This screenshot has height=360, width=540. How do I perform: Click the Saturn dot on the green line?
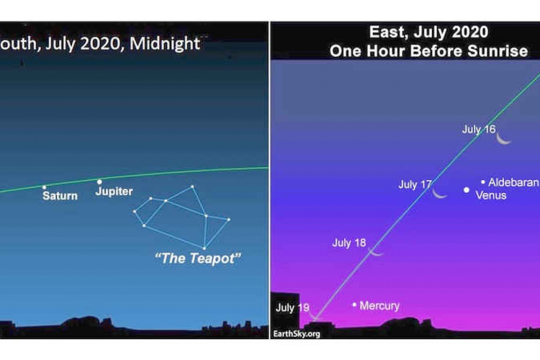coord(44,188)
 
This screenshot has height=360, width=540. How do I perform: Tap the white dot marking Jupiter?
coord(99,182)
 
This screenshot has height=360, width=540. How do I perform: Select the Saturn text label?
coord(60,196)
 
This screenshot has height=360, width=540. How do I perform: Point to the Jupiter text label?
coord(114,191)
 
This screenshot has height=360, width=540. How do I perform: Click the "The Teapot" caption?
coord(198,258)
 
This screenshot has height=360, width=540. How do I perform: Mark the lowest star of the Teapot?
coord(204,248)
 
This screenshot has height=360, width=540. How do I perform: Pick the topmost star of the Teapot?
coord(192,187)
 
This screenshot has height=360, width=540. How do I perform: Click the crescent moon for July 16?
coord(503,139)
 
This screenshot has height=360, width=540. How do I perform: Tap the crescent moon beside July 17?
coord(439,194)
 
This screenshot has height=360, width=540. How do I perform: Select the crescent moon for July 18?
coord(375,252)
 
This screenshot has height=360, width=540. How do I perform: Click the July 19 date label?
coord(292,307)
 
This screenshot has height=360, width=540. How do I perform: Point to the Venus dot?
coord(466,190)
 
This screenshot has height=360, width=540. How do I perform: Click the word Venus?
coord(491,195)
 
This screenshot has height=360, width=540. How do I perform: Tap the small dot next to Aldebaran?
coord(483,182)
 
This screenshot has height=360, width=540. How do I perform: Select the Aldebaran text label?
coord(513,182)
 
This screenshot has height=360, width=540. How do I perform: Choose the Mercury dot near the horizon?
coord(354,305)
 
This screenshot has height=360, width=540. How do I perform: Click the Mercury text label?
coord(379,306)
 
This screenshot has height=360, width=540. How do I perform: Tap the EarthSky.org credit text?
coord(297,334)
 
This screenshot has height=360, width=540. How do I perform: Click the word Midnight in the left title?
coord(165,44)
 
